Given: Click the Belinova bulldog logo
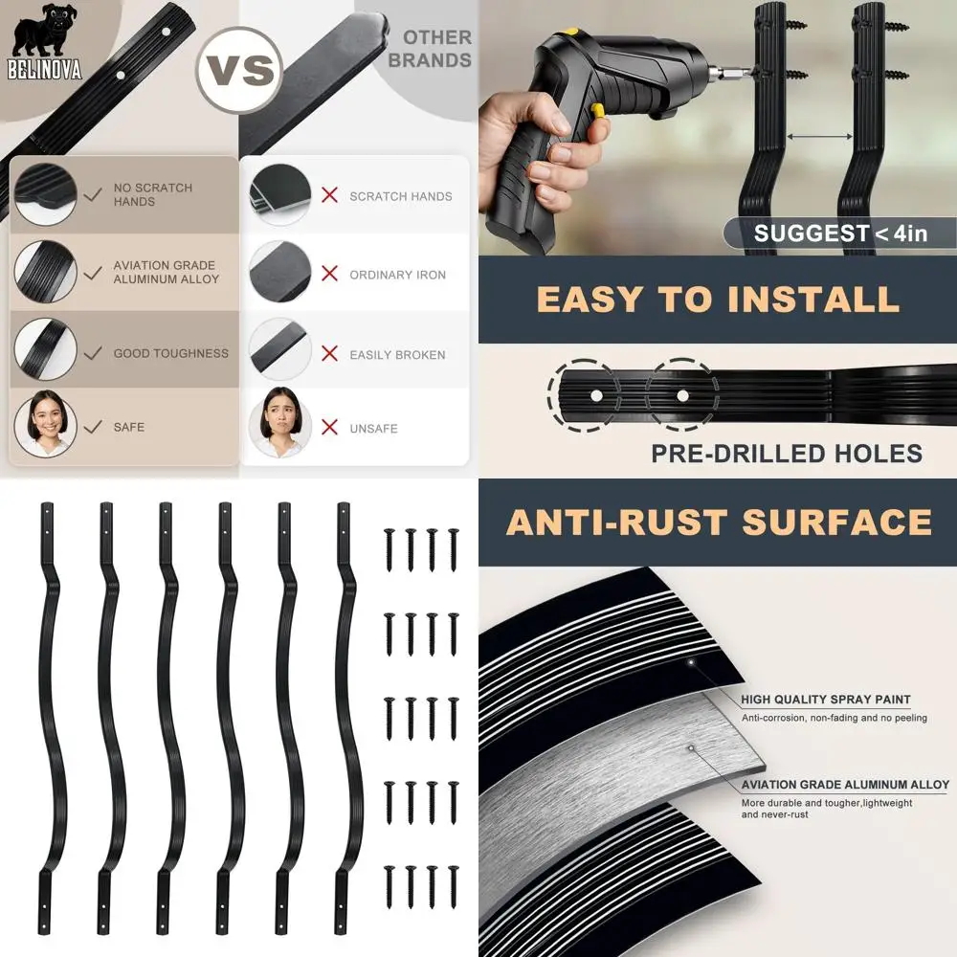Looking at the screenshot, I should point(45,40).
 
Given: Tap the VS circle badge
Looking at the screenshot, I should point(239,69).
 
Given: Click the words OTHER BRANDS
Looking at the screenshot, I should point(436,49).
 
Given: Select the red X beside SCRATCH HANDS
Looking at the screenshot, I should point(330,195).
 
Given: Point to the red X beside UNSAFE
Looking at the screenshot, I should point(330,428).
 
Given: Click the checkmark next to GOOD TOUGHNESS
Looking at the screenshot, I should point(93,353).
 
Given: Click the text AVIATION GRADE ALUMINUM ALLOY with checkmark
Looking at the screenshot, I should point(166,272).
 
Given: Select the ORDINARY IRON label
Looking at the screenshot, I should point(397,275).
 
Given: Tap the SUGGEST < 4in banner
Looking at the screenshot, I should point(839,233).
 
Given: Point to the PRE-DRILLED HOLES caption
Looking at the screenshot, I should point(787,453).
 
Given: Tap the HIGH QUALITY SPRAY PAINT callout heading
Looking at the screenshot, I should point(825,700).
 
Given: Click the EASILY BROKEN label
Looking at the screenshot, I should point(397,354).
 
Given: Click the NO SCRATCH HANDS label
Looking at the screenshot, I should point(152,194).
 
